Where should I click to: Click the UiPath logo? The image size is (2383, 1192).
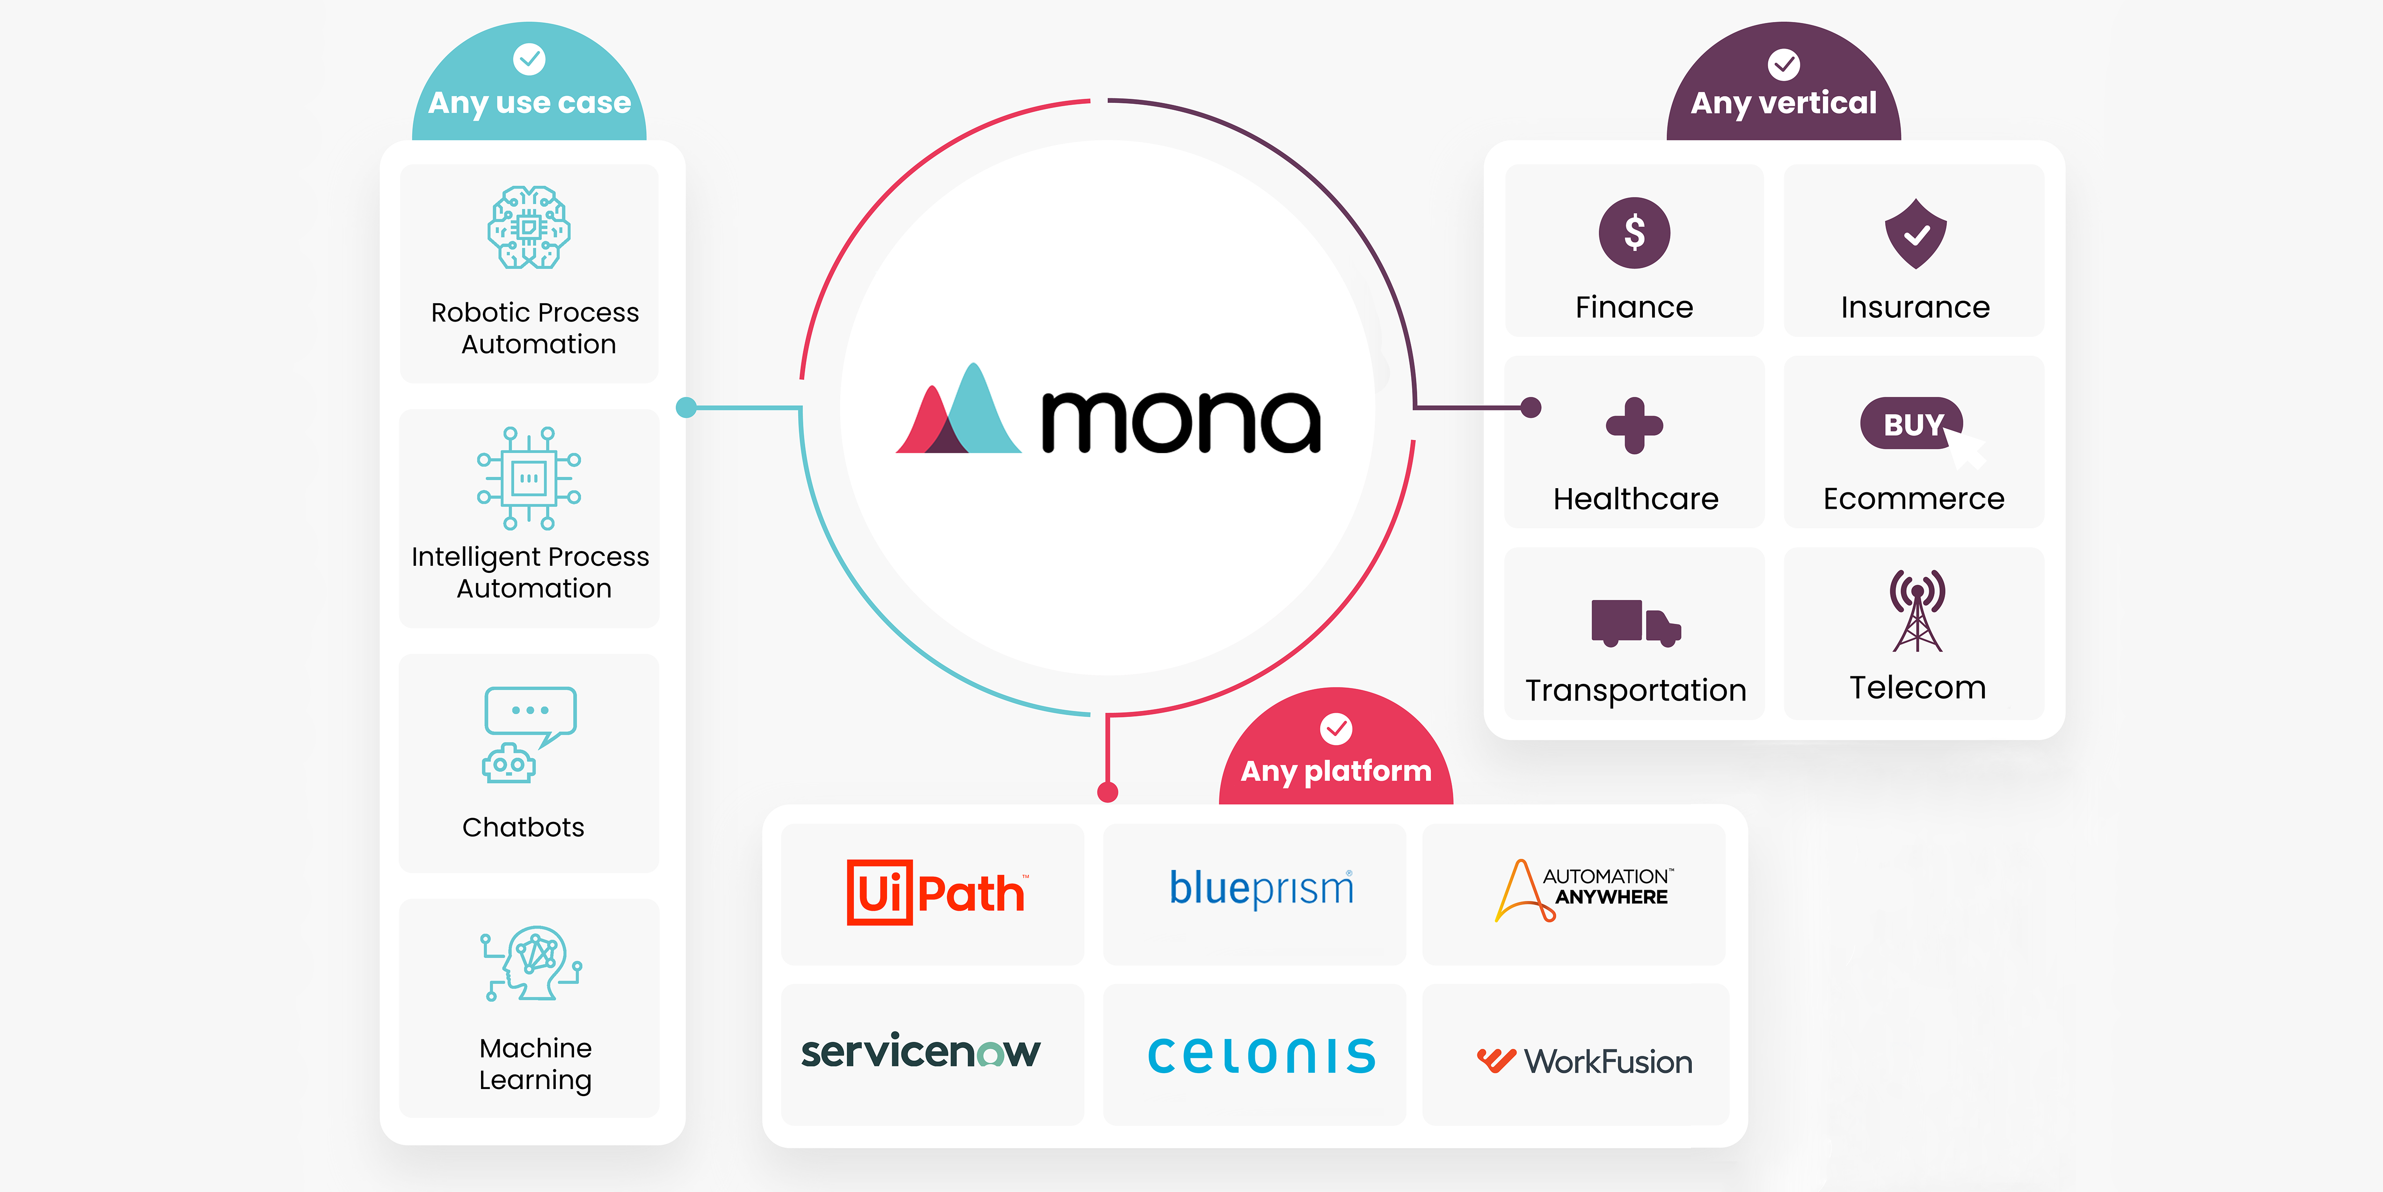click(935, 893)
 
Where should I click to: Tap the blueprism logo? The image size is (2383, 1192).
click(1261, 888)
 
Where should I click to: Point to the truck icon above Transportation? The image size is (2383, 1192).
click(1635, 622)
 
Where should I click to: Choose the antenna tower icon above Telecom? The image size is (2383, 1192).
click(1917, 611)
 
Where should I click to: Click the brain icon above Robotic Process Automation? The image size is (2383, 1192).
click(529, 227)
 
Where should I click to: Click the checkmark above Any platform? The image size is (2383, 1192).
click(1336, 728)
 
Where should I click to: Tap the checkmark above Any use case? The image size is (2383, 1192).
click(529, 59)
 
